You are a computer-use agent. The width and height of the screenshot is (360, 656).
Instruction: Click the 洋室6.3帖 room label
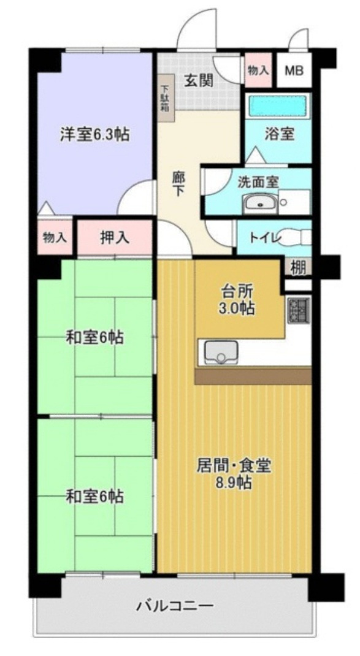click(94, 135)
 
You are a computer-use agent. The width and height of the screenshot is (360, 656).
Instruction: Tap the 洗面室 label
click(258, 181)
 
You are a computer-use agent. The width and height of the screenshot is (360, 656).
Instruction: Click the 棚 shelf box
click(298, 267)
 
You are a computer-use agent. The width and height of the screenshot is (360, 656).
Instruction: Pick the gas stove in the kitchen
click(299, 310)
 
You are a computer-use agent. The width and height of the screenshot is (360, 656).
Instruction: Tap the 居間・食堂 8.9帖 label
click(234, 473)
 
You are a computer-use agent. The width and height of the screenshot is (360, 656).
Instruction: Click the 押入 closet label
click(114, 238)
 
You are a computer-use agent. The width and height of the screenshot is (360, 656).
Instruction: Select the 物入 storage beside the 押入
click(55, 238)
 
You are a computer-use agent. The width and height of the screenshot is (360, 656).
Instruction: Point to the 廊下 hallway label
click(178, 182)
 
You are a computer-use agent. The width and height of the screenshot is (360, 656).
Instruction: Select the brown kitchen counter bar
click(253, 376)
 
